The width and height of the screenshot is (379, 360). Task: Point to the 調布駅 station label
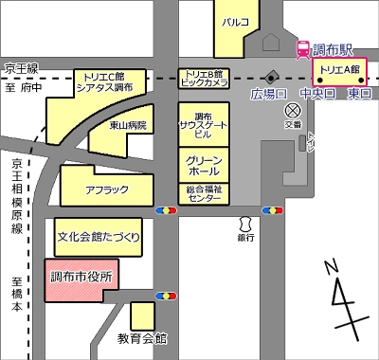(x=334, y=48)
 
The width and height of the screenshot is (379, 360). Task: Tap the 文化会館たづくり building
(x=98, y=235)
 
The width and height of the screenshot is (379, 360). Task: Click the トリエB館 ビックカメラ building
(x=204, y=79)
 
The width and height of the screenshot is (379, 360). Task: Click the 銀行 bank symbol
(x=245, y=224)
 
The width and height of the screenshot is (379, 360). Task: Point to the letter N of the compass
(x=329, y=268)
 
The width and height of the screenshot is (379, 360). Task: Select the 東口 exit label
(x=359, y=94)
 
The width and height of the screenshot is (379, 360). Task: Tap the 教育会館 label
(x=142, y=338)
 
